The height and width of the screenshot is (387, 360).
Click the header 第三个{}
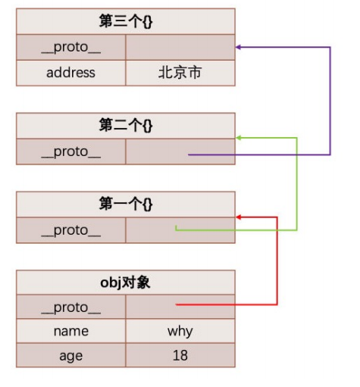[125, 21]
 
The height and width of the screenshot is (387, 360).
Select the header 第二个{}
[125, 126]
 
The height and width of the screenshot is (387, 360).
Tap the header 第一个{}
[125, 204]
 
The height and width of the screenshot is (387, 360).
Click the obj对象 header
[125, 282]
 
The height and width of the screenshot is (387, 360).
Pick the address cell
[70, 73]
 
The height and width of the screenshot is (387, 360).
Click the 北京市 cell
[180, 73]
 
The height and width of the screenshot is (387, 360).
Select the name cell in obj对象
[70, 331]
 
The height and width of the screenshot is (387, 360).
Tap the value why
[180, 331]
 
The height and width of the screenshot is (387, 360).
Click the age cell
[70, 355]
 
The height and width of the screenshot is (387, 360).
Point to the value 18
[180, 355]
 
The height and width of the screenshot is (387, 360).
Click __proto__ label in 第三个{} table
[70, 48]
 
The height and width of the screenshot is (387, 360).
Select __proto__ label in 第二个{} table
[70, 151]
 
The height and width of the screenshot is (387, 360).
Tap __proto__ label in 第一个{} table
[70, 230]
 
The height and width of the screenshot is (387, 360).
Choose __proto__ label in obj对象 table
[70, 307]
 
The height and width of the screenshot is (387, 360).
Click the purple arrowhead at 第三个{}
[239, 47]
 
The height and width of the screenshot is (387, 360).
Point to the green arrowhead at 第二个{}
[239, 138]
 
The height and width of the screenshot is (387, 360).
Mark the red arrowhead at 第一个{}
[239, 217]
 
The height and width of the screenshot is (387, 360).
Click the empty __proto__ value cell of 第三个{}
[180, 48]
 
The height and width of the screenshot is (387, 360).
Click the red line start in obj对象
[178, 305]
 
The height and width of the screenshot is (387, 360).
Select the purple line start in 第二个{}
[190, 154]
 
